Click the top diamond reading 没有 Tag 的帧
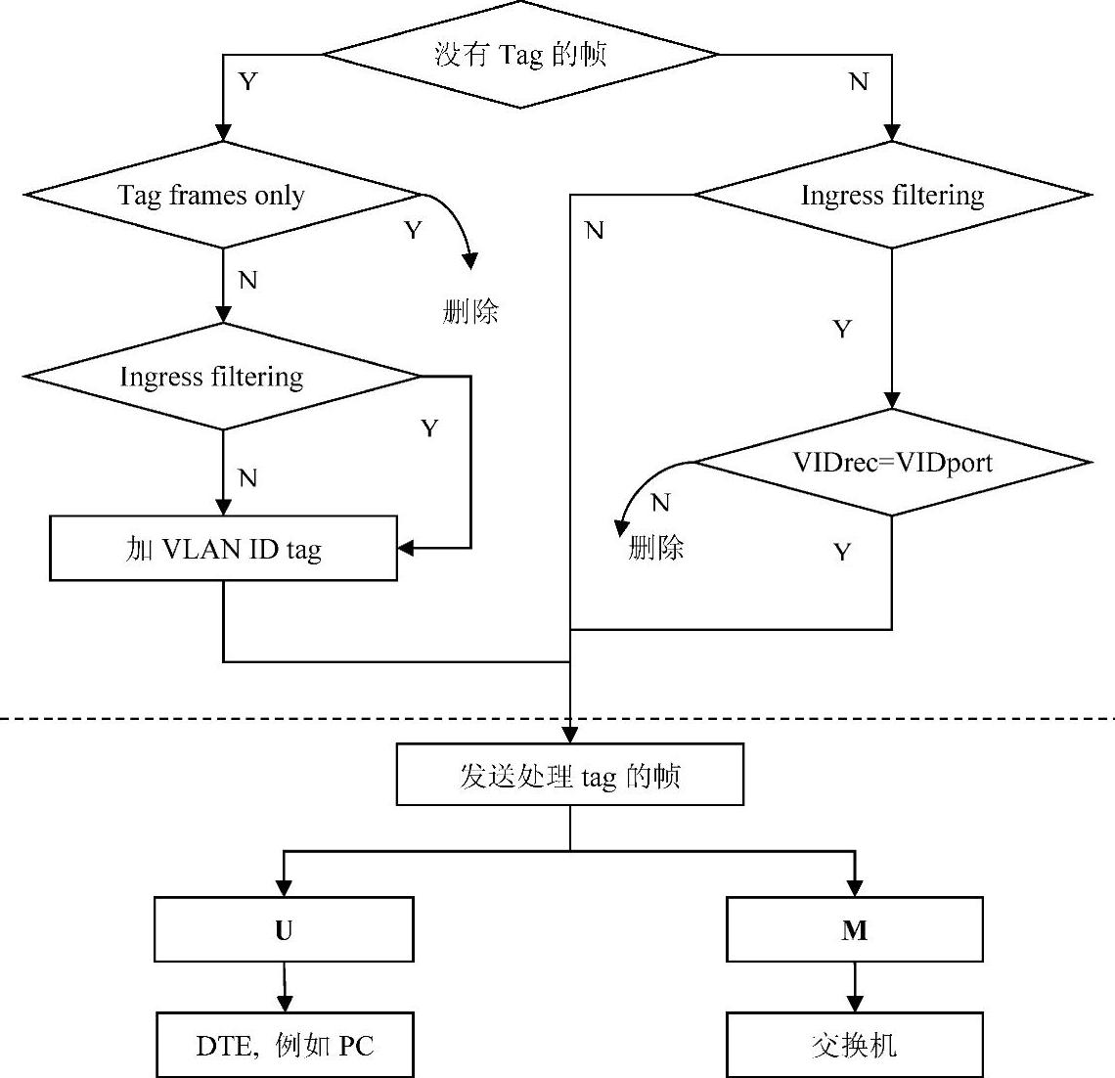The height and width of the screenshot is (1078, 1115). point(520,54)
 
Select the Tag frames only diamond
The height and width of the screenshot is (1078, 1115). point(223,195)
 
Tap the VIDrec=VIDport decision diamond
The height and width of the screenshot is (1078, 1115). point(891,462)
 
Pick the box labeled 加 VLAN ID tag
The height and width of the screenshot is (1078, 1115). point(223,549)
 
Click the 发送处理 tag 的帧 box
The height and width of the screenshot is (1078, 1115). point(569,776)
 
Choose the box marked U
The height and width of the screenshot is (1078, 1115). point(284,930)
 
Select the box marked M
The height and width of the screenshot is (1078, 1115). point(854,930)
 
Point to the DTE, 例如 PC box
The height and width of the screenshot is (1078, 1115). point(284,1046)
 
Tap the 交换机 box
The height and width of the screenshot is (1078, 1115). point(854,1046)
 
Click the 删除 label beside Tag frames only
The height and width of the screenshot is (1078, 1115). point(470,312)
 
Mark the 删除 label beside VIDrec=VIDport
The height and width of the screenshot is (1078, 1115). point(655,547)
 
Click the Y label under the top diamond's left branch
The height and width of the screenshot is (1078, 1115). point(247,81)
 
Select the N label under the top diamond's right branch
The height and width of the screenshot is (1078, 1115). point(858,81)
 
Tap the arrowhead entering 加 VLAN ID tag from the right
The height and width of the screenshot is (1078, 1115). point(405,549)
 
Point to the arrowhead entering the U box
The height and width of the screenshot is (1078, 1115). point(284,889)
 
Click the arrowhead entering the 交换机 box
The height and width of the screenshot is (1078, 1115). point(854,1005)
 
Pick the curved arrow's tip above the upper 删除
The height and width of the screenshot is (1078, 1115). point(470,261)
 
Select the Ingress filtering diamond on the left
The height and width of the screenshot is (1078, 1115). point(223,377)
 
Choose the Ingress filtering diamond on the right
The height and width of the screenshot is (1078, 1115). point(891,195)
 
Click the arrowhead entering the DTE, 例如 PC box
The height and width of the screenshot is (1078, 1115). point(285,1005)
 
